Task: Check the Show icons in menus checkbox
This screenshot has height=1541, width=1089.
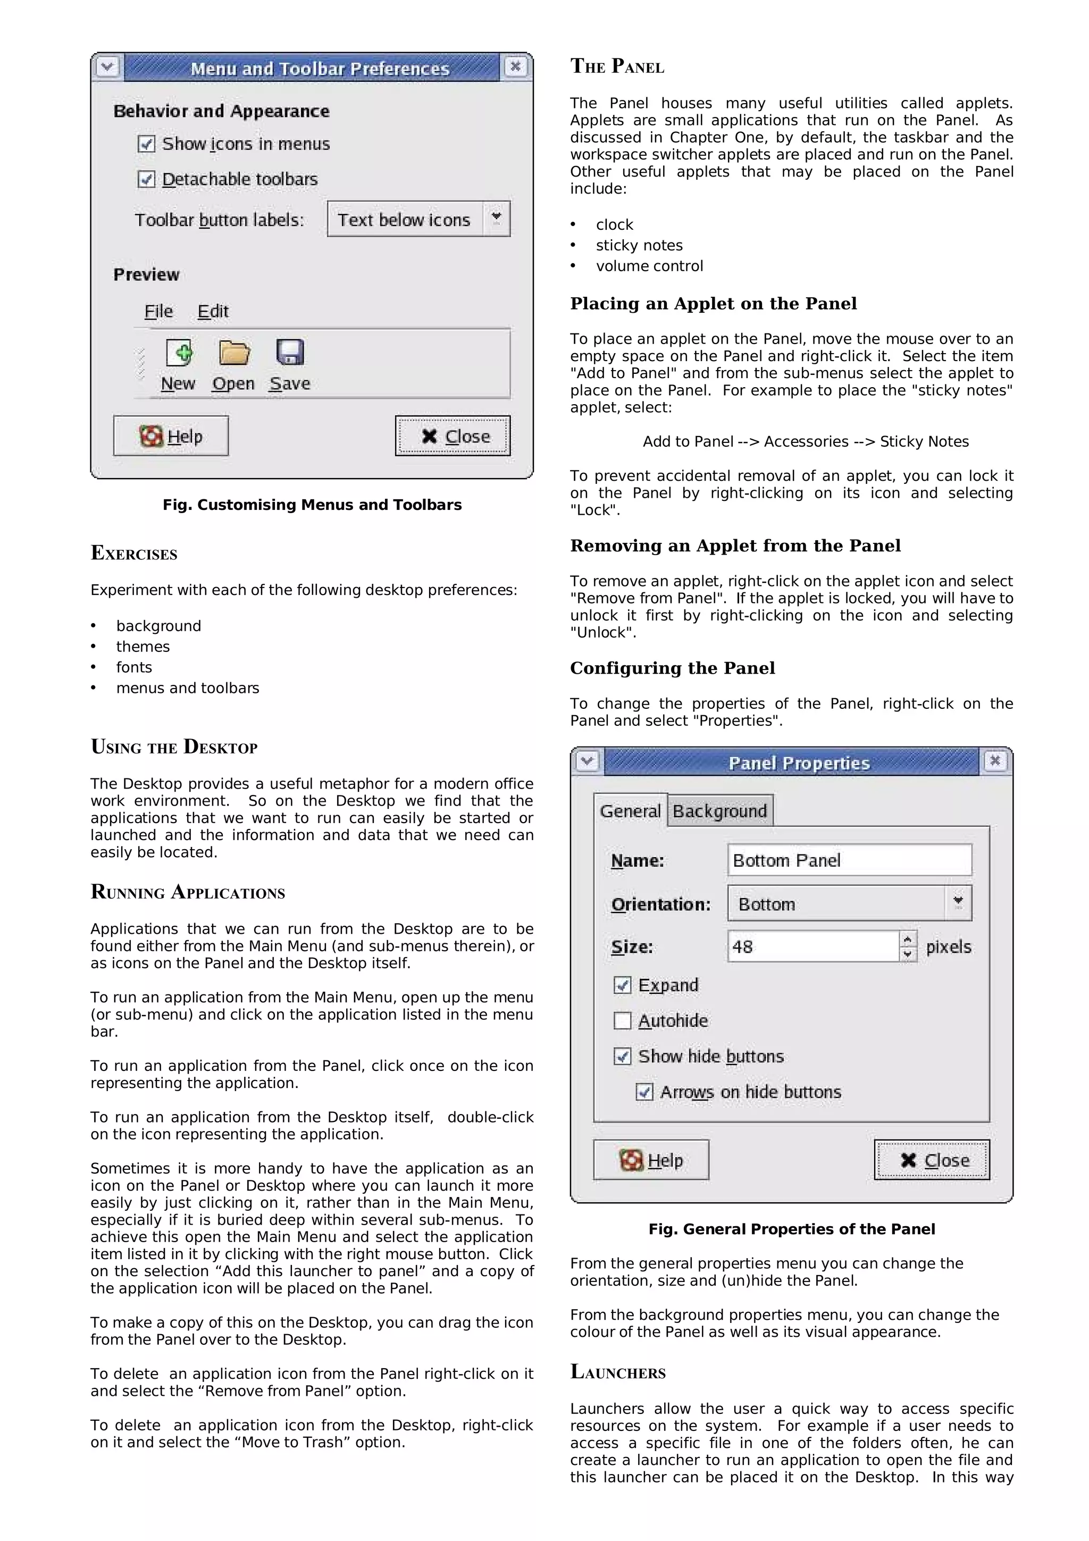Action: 146,144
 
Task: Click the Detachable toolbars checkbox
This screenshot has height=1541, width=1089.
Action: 146,179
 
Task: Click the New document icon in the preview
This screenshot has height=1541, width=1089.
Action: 179,353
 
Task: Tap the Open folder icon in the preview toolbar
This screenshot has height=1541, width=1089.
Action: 234,353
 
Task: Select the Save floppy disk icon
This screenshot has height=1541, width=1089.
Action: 290,353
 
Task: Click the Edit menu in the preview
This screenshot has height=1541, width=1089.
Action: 213,312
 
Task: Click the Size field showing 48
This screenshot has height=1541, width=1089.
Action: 812,947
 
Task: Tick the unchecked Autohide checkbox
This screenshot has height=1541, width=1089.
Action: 623,1021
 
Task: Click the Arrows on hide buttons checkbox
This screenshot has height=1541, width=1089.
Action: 644,1092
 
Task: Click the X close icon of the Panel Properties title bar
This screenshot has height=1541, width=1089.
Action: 995,761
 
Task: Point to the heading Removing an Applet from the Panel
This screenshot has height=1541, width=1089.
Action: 735,546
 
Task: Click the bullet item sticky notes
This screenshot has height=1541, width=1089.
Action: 639,246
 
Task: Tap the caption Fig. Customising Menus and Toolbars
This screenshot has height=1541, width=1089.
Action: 312,505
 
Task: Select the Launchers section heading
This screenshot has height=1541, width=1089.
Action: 617,1372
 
